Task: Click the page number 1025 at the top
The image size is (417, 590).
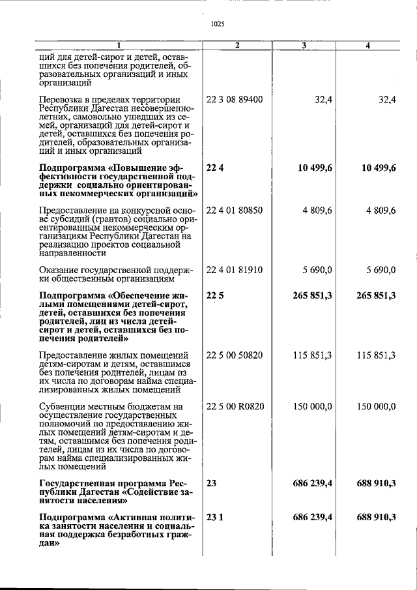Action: click(218, 24)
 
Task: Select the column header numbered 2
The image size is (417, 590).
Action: click(237, 45)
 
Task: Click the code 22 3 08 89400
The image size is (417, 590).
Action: click(235, 100)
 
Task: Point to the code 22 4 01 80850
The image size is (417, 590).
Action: click(235, 211)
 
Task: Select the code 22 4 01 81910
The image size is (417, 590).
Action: click(235, 270)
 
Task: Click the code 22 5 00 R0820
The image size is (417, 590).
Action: click(235, 406)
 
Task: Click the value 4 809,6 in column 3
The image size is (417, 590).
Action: click(315, 211)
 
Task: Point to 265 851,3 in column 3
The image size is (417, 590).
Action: click(311, 295)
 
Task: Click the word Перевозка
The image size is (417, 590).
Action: click(61, 100)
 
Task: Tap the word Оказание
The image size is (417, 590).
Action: click(59, 270)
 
